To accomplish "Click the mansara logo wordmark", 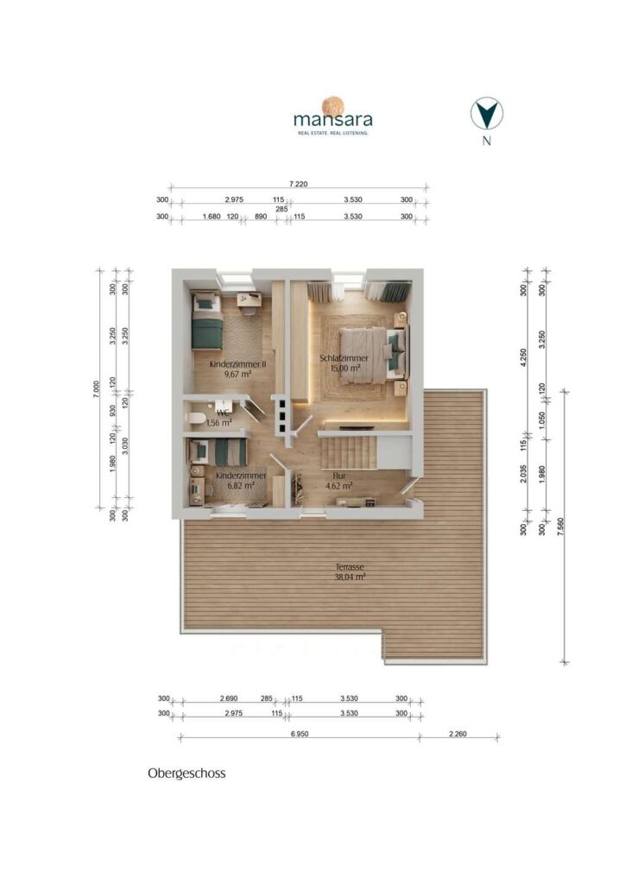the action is tap(332, 119).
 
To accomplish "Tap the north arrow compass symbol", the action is tap(487, 113).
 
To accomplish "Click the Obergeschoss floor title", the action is tap(186, 773).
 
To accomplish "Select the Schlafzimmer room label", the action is tap(344, 358).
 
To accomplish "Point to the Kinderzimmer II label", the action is tap(237, 364).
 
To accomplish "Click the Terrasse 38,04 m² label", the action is tap(350, 571).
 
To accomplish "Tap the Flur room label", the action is tap(338, 476).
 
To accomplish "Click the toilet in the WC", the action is tap(197, 418).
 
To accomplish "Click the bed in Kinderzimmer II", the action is tap(207, 321).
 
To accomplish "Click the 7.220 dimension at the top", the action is tap(298, 184).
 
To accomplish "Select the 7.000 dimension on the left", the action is tap(97, 389).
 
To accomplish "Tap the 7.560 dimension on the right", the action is tap(560, 526).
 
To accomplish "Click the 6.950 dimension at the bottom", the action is tap(299, 734).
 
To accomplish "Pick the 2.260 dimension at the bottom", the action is tap(458, 734).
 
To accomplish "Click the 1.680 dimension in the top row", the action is tap(211, 217).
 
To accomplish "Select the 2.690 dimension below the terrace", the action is tap(229, 698).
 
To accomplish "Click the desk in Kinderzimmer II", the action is tap(248, 300).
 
